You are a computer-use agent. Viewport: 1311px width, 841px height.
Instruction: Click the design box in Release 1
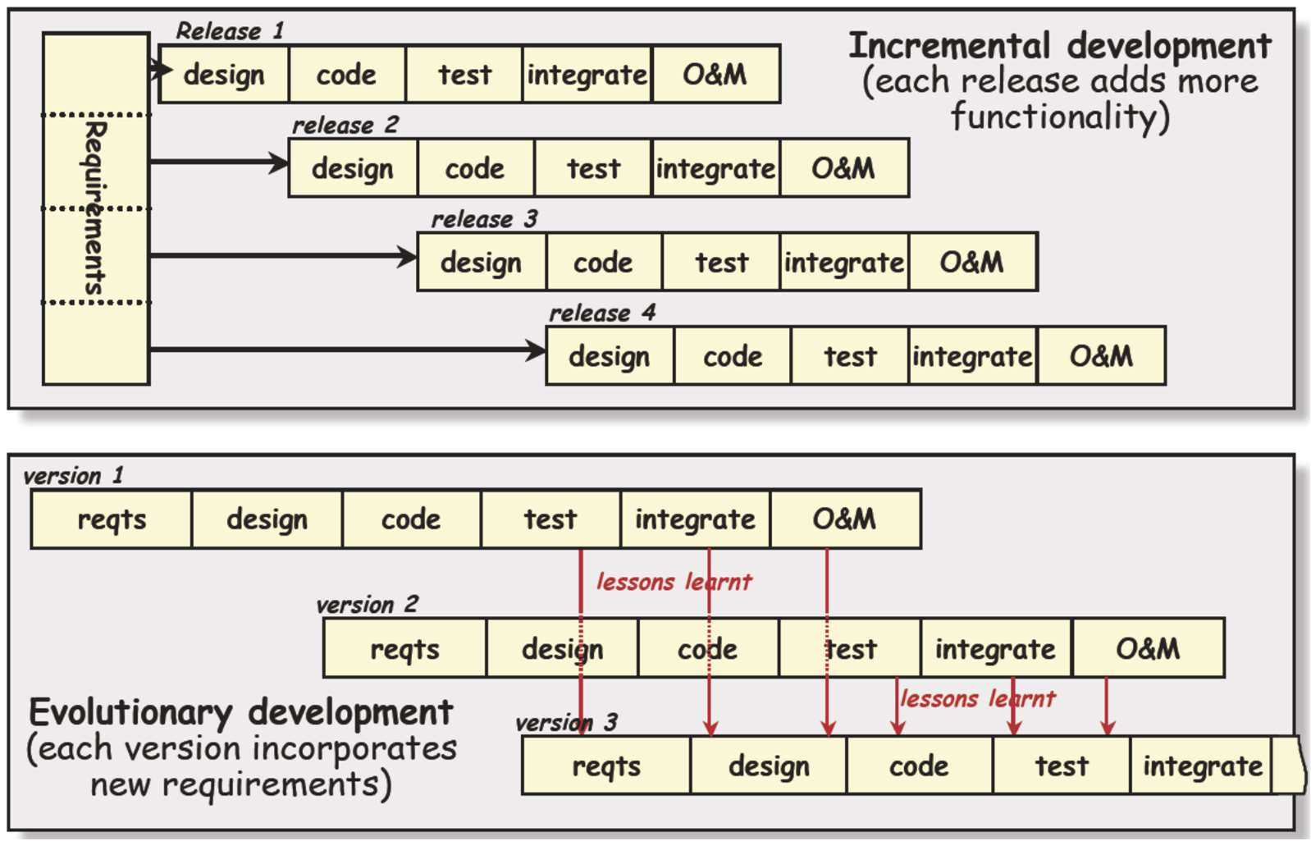coord(224,75)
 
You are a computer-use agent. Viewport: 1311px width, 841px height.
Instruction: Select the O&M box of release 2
coord(844,168)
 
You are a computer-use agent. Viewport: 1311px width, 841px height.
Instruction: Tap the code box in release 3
coord(603,263)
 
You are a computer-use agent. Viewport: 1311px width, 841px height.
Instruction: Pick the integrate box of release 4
coord(972,356)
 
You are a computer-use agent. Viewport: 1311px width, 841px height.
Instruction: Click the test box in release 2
coord(593,168)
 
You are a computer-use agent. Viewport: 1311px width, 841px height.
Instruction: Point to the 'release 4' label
coord(602,313)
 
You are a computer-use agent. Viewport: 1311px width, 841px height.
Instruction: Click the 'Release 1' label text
coord(230,31)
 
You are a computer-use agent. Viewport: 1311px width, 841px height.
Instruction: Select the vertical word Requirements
coord(95,208)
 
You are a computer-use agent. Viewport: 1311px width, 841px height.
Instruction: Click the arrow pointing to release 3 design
coord(283,256)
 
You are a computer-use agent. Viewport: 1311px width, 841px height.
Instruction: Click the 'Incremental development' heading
coord(1059,46)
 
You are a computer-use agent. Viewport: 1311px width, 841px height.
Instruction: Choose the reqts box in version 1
coord(112,519)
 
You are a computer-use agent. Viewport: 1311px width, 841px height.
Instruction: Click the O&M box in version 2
coord(1148,649)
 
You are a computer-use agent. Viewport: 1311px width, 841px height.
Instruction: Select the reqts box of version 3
coord(606,766)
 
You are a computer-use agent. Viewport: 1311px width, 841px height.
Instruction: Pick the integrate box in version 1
coord(695,519)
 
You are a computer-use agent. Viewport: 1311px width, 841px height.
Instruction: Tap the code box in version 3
coord(919,766)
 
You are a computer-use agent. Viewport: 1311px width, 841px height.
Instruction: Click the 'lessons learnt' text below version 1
coord(674,582)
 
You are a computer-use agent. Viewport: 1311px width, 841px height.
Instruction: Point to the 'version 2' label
coord(367,605)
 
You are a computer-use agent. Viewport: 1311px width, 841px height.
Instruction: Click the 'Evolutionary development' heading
coord(240,712)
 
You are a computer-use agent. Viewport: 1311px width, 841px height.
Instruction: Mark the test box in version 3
coord(1062,766)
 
